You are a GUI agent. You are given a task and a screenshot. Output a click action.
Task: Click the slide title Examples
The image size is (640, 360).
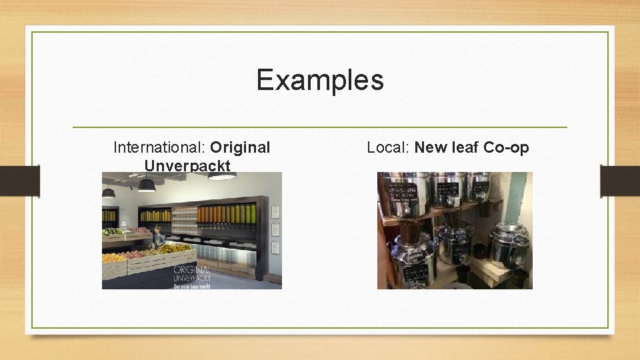(x=320, y=80)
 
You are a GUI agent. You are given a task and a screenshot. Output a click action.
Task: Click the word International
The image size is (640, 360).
(x=159, y=147)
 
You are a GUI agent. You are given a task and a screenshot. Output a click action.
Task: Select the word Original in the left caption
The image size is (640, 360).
(x=240, y=147)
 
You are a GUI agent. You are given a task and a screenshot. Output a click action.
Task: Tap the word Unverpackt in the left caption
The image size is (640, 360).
(x=187, y=165)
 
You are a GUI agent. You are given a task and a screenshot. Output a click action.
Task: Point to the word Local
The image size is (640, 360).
(x=387, y=147)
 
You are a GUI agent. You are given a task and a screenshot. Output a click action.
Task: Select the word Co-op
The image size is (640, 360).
(x=506, y=147)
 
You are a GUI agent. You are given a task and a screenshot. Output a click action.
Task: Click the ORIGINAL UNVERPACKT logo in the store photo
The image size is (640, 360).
(x=193, y=275)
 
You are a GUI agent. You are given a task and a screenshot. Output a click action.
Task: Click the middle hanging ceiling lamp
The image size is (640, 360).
(x=146, y=185)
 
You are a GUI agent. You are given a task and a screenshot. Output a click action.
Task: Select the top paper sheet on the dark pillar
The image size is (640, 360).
(x=276, y=211)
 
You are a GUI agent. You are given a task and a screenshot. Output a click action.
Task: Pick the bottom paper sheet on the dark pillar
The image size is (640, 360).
(x=276, y=247)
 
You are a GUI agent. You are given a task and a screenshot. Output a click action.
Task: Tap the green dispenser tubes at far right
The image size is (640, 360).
(x=247, y=215)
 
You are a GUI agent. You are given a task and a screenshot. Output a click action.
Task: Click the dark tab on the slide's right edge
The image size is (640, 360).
(x=619, y=181)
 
